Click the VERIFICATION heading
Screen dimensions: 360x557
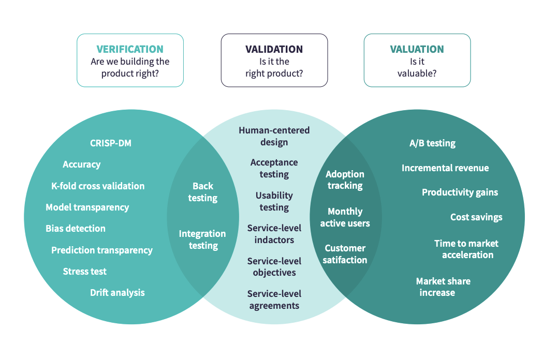point(130,50)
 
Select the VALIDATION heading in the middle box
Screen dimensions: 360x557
point(274,50)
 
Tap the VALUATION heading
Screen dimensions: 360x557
point(417,50)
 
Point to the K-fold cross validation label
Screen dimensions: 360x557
point(98,186)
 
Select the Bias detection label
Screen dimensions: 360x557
point(76,228)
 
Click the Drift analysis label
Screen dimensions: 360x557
point(118,292)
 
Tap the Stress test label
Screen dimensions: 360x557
point(85,271)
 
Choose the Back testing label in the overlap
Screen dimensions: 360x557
point(202,192)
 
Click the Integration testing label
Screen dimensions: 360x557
point(202,239)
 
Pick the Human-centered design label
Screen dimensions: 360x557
point(274,136)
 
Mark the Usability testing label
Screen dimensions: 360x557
point(274,201)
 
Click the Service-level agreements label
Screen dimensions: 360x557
point(274,299)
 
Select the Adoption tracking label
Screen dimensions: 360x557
point(345,180)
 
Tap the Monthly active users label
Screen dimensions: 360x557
point(345,217)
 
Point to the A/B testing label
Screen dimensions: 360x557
point(432,143)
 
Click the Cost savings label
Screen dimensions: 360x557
point(476,217)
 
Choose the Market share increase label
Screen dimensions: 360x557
point(443,287)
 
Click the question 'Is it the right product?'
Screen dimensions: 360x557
point(274,68)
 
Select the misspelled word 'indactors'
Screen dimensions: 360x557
point(274,240)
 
